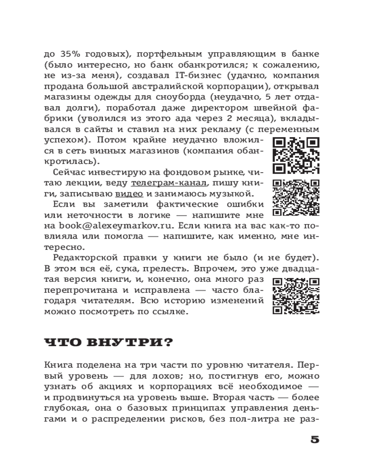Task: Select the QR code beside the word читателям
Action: (x=296, y=296)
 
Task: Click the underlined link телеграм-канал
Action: (x=169, y=183)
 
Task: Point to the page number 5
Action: (x=314, y=439)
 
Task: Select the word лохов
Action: (x=174, y=375)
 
